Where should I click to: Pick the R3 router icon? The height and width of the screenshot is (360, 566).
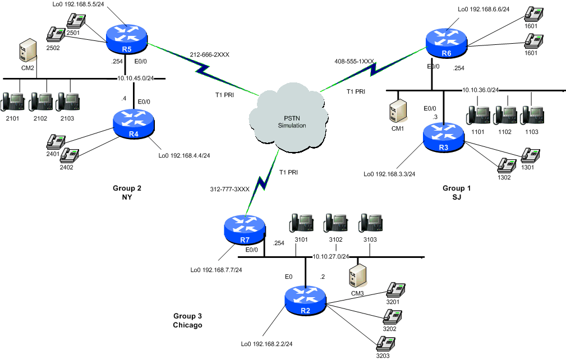tap(444, 136)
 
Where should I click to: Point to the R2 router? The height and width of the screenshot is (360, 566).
tap(305, 299)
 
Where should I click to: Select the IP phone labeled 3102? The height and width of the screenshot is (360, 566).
tap(335, 223)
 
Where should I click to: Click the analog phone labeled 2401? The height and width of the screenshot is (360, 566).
tap(56, 141)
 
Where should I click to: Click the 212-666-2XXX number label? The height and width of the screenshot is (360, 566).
tap(210, 55)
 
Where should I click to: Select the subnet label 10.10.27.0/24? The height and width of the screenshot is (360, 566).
tap(331, 256)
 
